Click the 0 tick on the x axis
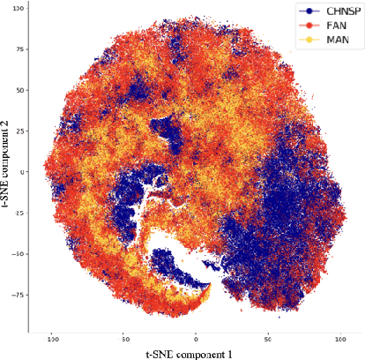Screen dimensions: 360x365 pyautogui.click(x=197, y=337)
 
